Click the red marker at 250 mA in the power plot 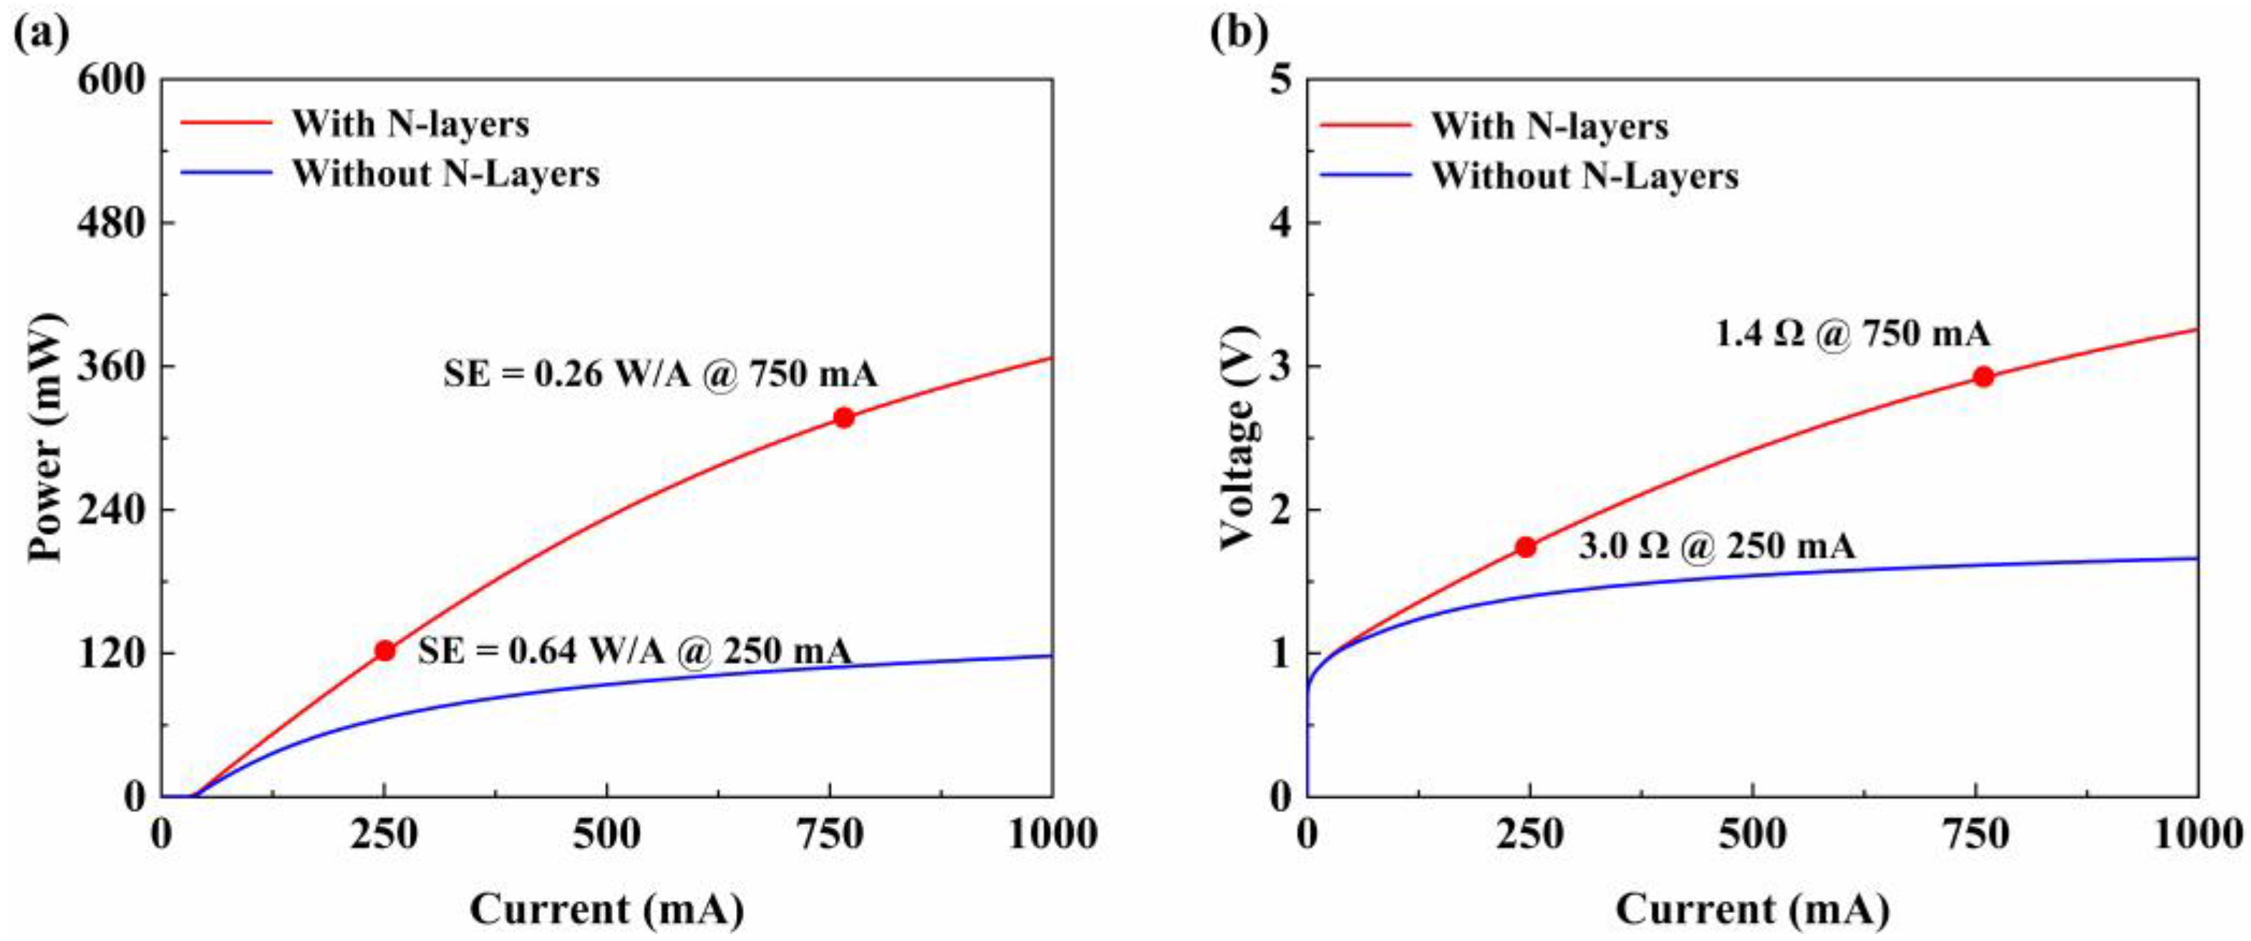(x=384, y=651)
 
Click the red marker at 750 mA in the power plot (x=843, y=418)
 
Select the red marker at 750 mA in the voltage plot (x=1984, y=376)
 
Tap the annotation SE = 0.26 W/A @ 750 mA (x=659, y=374)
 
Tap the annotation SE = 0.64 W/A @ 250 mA (x=634, y=651)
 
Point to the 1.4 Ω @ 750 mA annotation (x=1852, y=333)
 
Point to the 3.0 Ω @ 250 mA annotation (x=1716, y=547)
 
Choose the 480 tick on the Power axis (x=111, y=223)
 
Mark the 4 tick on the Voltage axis (x=1281, y=223)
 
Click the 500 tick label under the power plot (x=606, y=834)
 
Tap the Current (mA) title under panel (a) (x=606, y=909)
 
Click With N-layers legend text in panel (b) (x=1549, y=127)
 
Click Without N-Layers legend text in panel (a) (x=445, y=174)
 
